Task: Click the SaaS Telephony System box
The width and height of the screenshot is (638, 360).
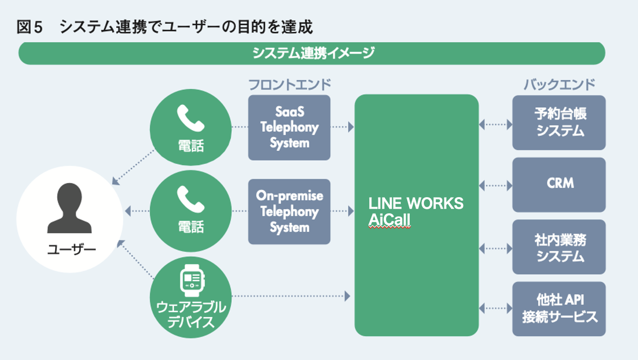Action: point(289,128)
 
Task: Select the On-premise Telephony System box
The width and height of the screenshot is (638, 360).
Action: point(289,211)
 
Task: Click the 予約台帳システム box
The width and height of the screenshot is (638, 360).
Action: point(559,123)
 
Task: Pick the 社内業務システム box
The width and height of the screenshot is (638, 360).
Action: point(559,247)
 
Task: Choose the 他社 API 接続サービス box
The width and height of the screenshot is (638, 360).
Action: point(559,309)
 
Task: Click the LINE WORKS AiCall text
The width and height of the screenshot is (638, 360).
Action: point(416,212)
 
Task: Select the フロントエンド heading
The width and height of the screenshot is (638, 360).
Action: point(289,84)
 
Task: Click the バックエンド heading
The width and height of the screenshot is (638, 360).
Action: point(559,84)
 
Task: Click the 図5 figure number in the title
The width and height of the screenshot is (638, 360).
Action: point(30,27)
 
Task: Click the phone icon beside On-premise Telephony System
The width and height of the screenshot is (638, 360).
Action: point(190,199)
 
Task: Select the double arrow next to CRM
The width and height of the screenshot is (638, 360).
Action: point(495,186)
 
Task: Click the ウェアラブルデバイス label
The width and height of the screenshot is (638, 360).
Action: point(190,314)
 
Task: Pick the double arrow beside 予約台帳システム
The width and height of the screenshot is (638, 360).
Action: point(495,124)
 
